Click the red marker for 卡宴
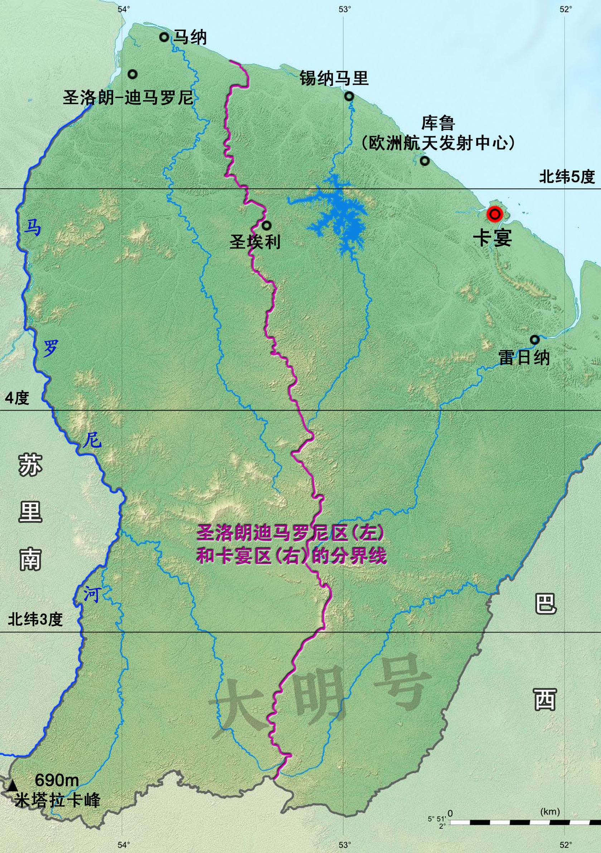[x=495, y=214]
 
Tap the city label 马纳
[x=190, y=38]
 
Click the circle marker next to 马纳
[x=164, y=37]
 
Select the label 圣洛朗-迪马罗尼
[x=128, y=98]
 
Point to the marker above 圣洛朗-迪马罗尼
[x=132, y=74]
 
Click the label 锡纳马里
[x=334, y=78]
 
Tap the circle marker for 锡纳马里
[x=349, y=96]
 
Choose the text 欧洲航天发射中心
[x=438, y=143]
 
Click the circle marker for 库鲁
[x=425, y=161]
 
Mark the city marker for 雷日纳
[x=534, y=339]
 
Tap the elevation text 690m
[x=57, y=780]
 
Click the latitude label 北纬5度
[x=567, y=177]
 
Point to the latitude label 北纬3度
[x=35, y=619]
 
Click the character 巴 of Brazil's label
[x=545, y=603]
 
